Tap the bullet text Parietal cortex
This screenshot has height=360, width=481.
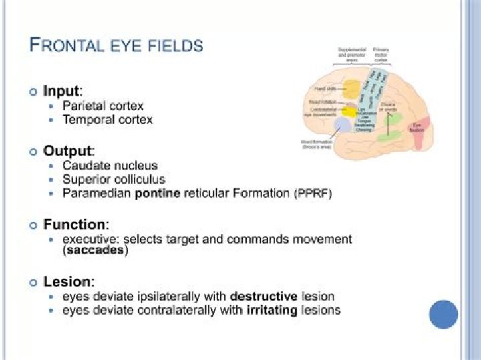point(103,106)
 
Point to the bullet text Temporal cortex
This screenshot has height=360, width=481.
point(108,120)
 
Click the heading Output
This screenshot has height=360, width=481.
point(67,151)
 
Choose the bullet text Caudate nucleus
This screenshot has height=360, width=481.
point(110,166)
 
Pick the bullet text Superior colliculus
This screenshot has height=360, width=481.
point(114,180)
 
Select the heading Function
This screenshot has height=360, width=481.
point(74,224)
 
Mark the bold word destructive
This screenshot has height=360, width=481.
point(263,296)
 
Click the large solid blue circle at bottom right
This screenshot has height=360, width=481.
point(444,314)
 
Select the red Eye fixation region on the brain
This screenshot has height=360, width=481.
point(417,128)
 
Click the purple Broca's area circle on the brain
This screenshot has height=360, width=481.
point(343,124)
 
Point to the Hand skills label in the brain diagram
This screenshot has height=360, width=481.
point(327,89)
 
